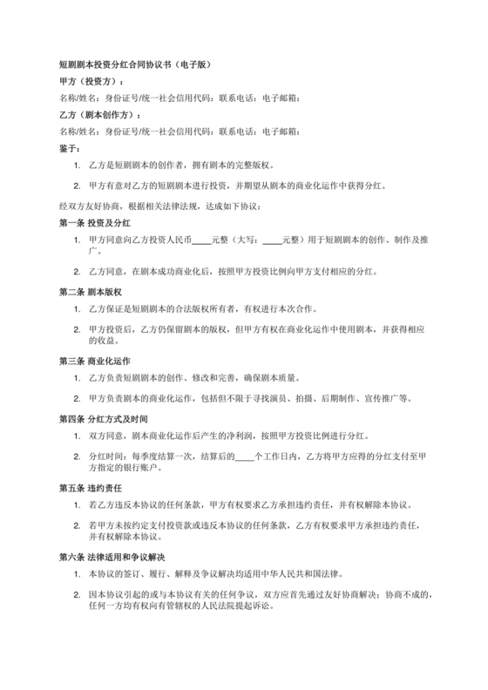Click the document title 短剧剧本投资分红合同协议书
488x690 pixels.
(135, 65)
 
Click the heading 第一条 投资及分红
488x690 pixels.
(95, 222)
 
